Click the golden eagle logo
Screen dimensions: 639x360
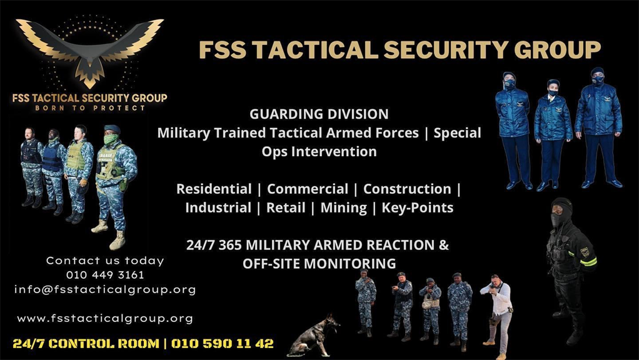[x=89, y=51]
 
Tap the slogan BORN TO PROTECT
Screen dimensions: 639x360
[x=90, y=108]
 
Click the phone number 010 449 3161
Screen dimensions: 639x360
[x=105, y=275]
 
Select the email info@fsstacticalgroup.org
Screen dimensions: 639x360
[x=105, y=289]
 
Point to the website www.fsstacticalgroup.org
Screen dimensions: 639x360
[x=105, y=318]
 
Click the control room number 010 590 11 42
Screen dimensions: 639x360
[x=222, y=343]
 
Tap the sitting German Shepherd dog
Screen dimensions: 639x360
[x=313, y=336]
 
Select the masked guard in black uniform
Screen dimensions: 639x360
[x=570, y=271]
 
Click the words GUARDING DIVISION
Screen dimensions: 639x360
[x=319, y=114]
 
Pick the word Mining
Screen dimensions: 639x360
[x=343, y=207]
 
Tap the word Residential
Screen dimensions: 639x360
[x=214, y=189]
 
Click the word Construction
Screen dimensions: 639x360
[x=407, y=189]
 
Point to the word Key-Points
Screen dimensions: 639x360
[x=417, y=207]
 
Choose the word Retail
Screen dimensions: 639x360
[x=286, y=207]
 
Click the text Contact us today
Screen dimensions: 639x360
[x=105, y=261]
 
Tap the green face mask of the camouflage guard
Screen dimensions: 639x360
[x=111, y=139]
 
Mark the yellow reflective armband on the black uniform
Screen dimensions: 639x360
[x=588, y=261]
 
